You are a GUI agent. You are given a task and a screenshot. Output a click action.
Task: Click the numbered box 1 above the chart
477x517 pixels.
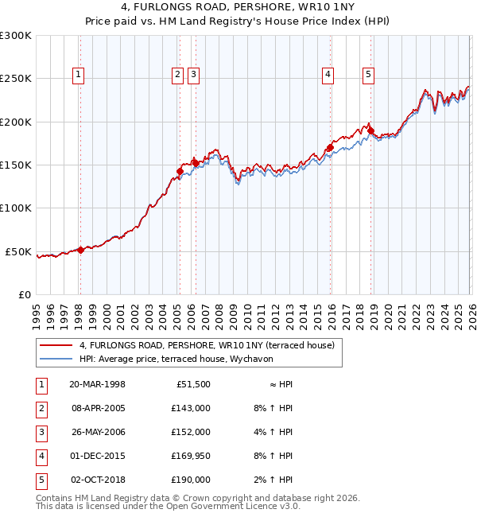pos(79,76)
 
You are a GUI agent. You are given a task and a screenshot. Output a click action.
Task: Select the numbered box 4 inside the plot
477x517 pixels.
pos(328,76)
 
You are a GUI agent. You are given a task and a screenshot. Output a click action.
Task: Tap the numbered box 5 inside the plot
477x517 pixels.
pos(369,76)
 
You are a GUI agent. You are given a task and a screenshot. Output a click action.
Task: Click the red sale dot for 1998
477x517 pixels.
pos(80,250)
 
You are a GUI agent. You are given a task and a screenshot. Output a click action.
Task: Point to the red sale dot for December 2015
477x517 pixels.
pos(329,147)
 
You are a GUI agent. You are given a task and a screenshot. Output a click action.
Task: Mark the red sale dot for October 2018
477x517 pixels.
pos(370,130)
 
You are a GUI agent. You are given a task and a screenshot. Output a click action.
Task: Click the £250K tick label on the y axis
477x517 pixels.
pos(16,79)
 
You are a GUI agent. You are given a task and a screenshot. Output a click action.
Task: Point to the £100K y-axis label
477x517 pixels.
pos(16,208)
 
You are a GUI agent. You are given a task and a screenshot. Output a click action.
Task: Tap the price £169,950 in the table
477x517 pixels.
pos(190,457)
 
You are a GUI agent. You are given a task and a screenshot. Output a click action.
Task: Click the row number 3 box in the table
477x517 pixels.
pos(41,433)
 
